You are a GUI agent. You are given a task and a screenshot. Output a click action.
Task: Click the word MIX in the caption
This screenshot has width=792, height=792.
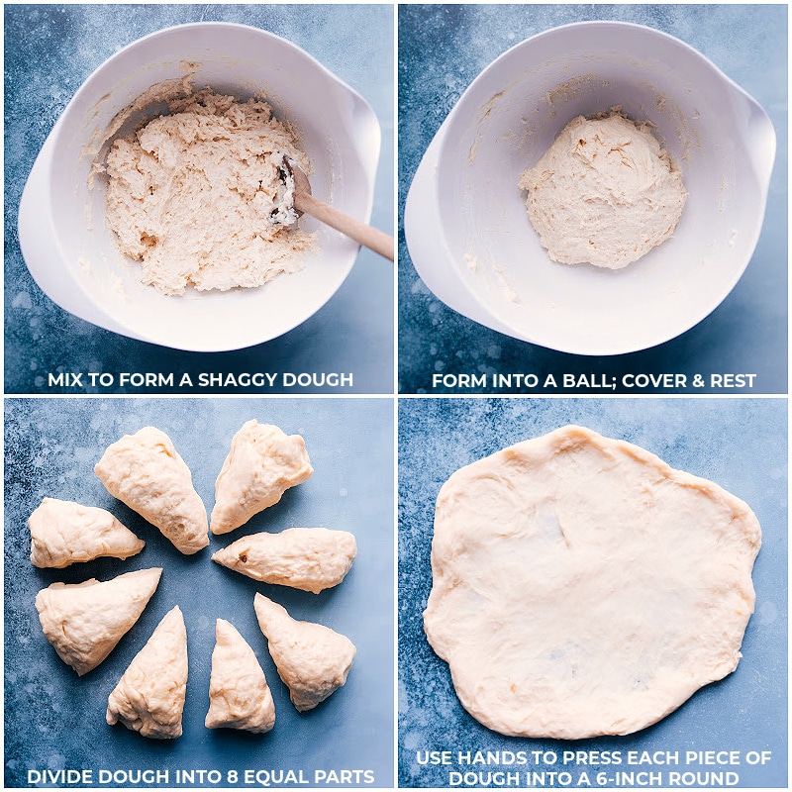pos(64,380)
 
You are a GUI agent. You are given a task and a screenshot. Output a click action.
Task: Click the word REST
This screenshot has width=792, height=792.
pos(733,380)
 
